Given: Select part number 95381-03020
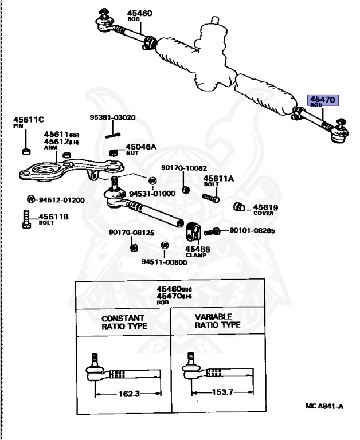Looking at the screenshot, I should pyautogui.click(x=112, y=118).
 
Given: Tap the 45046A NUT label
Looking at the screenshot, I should pyautogui.click(x=140, y=149).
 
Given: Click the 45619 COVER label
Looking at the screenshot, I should pyautogui.click(x=265, y=210).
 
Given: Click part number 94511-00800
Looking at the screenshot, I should pyautogui.click(x=164, y=262).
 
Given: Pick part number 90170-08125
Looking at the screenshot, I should pyautogui.click(x=131, y=233).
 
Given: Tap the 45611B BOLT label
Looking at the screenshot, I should pyautogui.click(x=53, y=218).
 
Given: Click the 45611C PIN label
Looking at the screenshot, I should pyautogui.click(x=28, y=122).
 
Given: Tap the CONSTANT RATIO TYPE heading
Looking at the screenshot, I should pyautogui.click(x=124, y=322).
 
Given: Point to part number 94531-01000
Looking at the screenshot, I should pyautogui.click(x=151, y=194).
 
